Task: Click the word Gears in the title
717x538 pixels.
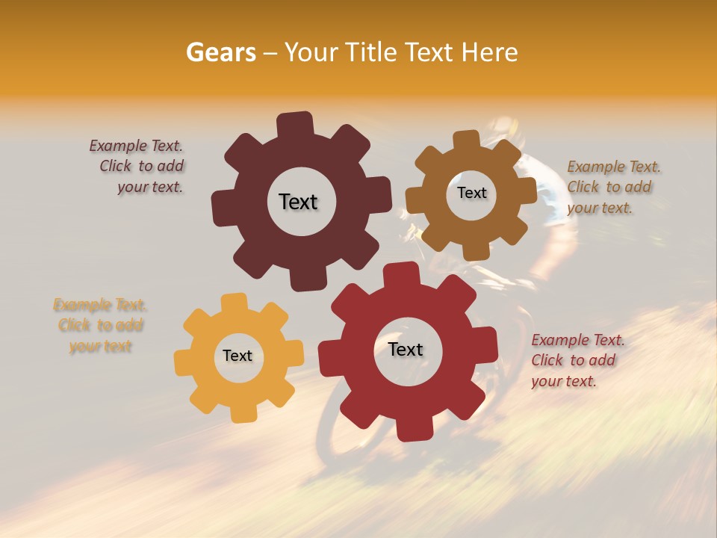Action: click(x=220, y=52)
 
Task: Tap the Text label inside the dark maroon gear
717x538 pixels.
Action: click(x=298, y=202)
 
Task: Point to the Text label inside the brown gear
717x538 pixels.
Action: click(x=471, y=193)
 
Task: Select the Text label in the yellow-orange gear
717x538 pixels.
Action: click(x=238, y=356)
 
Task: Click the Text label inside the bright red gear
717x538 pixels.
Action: click(x=406, y=349)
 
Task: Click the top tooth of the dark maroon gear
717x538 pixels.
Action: click(x=295, y=124)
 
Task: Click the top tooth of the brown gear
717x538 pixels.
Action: click(x=466, y=139)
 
